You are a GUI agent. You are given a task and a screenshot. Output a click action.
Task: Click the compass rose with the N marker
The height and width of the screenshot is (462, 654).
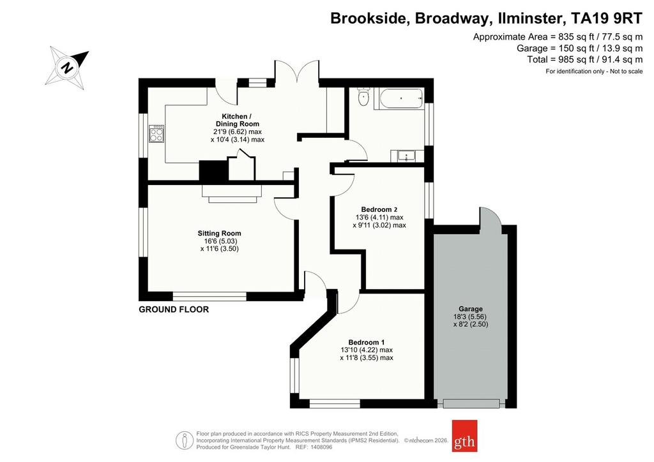tap(67, 68)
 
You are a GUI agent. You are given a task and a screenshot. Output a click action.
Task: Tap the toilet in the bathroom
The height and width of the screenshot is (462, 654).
tap(364, 96)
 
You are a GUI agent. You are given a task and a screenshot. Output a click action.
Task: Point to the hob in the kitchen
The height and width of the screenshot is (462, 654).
tap(156, 134)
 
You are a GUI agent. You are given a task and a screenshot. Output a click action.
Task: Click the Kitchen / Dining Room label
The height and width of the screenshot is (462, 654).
tap(237, 120)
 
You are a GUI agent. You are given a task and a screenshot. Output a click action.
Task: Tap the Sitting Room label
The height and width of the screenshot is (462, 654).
tap(220, 234)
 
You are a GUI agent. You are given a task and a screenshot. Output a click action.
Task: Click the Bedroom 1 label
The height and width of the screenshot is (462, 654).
tap(367, 343)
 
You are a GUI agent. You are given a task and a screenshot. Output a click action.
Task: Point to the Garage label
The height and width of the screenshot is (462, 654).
tap(471, 309)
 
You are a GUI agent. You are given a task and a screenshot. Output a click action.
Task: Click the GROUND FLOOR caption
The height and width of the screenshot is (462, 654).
tap(174, 309)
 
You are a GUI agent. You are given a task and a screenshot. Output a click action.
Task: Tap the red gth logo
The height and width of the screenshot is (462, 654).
tap(465, 436)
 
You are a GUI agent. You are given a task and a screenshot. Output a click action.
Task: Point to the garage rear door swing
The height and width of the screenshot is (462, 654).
tap(490, 216)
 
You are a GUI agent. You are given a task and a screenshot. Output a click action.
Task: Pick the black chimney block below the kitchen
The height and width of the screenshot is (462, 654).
tap(213, 171)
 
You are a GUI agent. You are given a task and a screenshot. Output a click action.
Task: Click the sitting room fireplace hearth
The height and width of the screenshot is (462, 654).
tap(232, 194)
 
